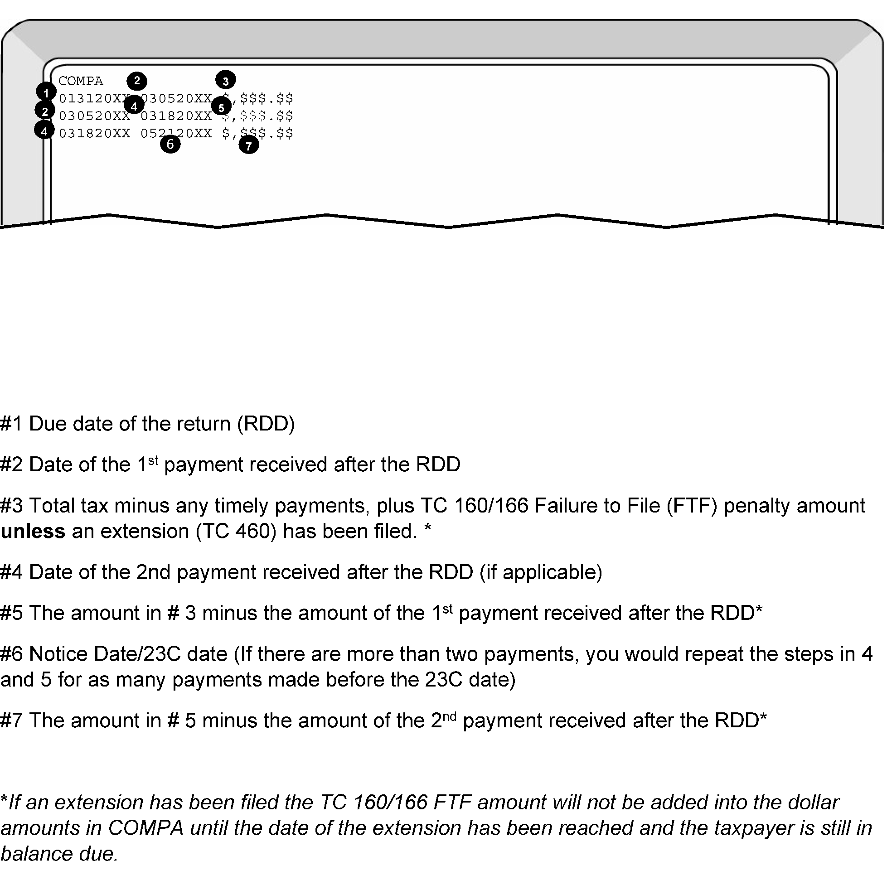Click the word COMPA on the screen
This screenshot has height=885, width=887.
(x=81, y=81)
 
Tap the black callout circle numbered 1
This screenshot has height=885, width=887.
(x=46, y=93)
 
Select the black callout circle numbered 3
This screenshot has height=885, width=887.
(x=225, y=81)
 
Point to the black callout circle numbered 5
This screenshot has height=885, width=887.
(x=221, y=107)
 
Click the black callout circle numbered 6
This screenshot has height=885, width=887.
(x=170, y=144)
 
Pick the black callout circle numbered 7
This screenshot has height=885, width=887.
(x=249, y=146)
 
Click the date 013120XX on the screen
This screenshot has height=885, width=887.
(x=92, y=99)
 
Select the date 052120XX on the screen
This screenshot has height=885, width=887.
(x=176, y=134)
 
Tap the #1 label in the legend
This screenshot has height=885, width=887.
(x=11, y=424)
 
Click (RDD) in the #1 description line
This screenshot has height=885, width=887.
(x=266, y=424)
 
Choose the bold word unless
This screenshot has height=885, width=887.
(x=33, y=532)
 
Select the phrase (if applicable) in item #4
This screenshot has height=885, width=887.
(x=541, y=572)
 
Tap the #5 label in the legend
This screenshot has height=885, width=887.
(x=11, y=613)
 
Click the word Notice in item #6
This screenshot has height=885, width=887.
(x=58, y=654)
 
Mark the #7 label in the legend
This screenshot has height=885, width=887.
(x=11, y=721)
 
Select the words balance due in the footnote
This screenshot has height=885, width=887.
(x=59, y=854)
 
